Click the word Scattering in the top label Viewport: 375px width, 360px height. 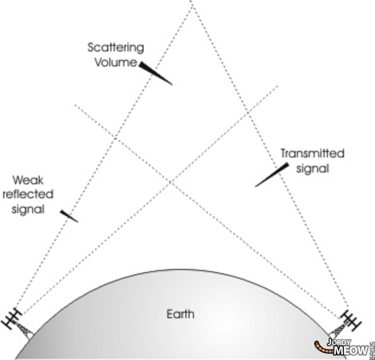[x=116, y=47]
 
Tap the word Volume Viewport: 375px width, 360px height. [x=115, y=62]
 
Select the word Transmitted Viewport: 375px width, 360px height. [x=312, y=153]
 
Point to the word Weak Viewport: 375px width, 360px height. [x=29, y=181]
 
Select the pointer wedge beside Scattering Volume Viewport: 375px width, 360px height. [x=155, y=73]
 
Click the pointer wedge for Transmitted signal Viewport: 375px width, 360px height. [x=272, y=175]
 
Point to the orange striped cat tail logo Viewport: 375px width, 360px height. [x=320, y=346]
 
